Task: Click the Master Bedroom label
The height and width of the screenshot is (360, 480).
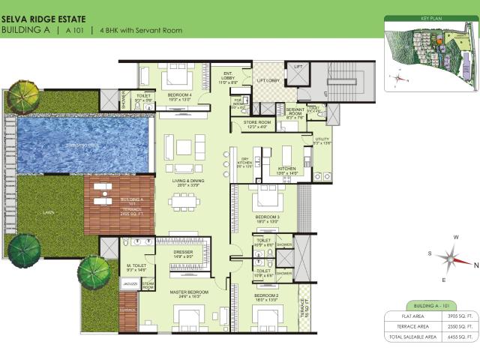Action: coord(188,292)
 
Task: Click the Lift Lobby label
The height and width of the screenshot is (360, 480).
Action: coord(268,80)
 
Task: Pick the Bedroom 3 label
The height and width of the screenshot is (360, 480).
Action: coord(267,217)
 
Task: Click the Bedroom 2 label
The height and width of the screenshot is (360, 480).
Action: coord(267,296)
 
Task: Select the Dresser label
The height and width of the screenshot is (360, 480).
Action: coord(183,253)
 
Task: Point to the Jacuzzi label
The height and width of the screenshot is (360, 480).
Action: coord(128,285)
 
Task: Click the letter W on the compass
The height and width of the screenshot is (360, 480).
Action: coord(456,238)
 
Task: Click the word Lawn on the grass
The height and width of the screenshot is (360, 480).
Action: coord(49,212)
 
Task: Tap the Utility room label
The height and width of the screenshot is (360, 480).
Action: coord(322,139)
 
